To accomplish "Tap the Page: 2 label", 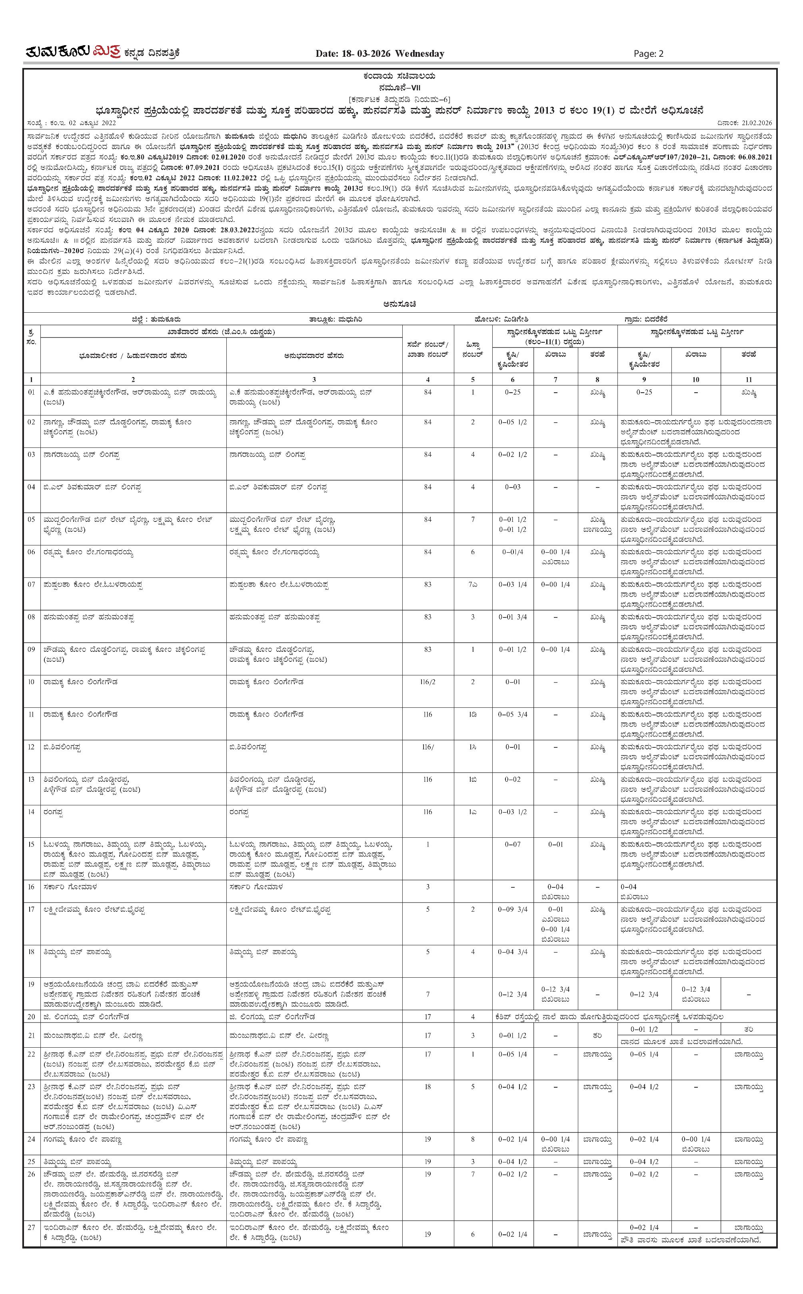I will point(649,53).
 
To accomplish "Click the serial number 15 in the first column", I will point(31,844).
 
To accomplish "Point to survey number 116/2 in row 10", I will point(427,682).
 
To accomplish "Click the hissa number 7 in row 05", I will point(473,519).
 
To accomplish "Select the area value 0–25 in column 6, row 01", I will point(513,392).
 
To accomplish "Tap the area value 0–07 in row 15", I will point(513,844).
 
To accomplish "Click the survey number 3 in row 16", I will point(427,887).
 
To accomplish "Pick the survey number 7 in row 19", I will point(427,994).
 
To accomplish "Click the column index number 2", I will point(133,379).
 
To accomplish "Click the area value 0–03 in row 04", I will point(513,487).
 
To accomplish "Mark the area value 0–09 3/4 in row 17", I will point(513,910).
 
